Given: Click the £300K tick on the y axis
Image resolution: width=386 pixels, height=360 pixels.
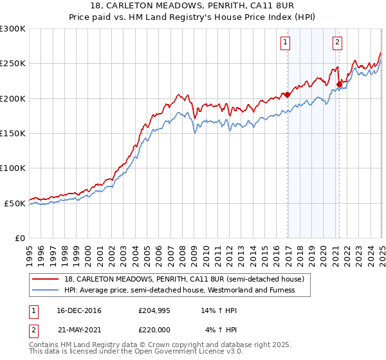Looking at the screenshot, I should pos(13,29).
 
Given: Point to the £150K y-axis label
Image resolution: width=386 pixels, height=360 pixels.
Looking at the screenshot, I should pos(13,133).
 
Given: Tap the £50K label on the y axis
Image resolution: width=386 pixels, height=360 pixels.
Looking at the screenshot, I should pos(15,203).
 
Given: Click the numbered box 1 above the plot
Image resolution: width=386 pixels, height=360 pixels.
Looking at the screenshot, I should pos(285,43).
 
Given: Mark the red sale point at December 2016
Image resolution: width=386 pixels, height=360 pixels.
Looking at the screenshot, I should pos(288,94).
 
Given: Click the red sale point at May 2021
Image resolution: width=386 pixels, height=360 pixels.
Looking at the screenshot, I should pos(339,84).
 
